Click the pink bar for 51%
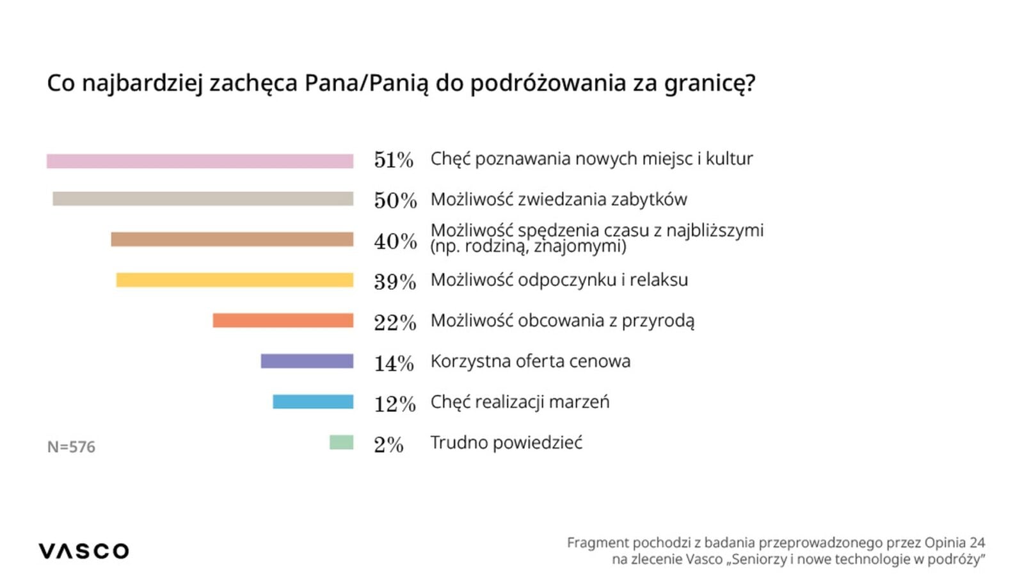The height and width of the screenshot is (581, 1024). pos(200,161)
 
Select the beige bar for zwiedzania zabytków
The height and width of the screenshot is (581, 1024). pos(203,199)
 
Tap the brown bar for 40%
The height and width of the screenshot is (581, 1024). pos(232,239)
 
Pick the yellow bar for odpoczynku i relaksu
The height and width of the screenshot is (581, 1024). pos(234,280)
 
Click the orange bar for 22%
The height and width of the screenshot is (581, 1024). pos(283,321)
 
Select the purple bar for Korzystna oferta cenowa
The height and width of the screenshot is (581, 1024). pos(307,361)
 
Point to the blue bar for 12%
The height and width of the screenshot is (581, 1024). pos(313,402)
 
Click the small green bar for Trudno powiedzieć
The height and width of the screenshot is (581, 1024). pos(341,442)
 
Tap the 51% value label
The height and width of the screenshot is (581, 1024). pos(394,160)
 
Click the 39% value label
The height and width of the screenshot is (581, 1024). pos(395,282)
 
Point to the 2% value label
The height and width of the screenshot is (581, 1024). pos(388,445)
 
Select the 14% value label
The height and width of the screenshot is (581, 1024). pos(394,363)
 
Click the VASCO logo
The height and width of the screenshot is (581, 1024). pos(84,551)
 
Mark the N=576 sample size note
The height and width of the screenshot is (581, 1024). pos(71,447)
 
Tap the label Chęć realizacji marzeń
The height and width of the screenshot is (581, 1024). pos(520,402)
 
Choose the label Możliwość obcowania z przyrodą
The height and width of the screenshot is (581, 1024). pos(562,321)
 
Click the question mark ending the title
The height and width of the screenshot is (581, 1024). pos(749,83)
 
